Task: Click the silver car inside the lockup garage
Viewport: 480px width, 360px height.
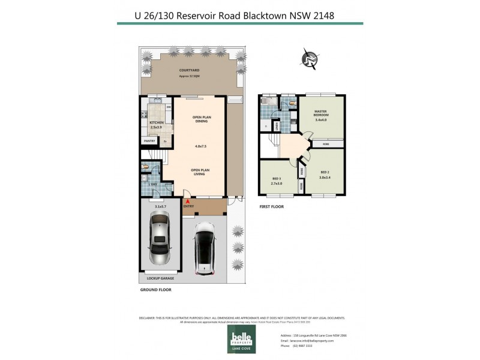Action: (160, 238)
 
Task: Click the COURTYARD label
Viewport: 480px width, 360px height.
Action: (190, 71)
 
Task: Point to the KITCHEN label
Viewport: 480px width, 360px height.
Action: (157, 122)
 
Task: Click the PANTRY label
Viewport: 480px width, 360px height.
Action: (149, 141)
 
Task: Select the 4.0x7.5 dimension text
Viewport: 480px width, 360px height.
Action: (200, 146)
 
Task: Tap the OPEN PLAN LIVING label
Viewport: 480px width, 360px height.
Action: (200, 173)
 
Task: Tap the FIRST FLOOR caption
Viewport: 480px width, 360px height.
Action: (271, 206)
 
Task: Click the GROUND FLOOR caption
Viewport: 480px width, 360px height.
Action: (156, 289)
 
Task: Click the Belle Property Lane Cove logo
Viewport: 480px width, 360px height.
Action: (240, 340)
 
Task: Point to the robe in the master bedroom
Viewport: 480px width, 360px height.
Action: (325, 144)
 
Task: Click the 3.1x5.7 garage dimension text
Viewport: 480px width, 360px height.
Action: (160, 206)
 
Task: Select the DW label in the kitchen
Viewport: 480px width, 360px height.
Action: (169, 107)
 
